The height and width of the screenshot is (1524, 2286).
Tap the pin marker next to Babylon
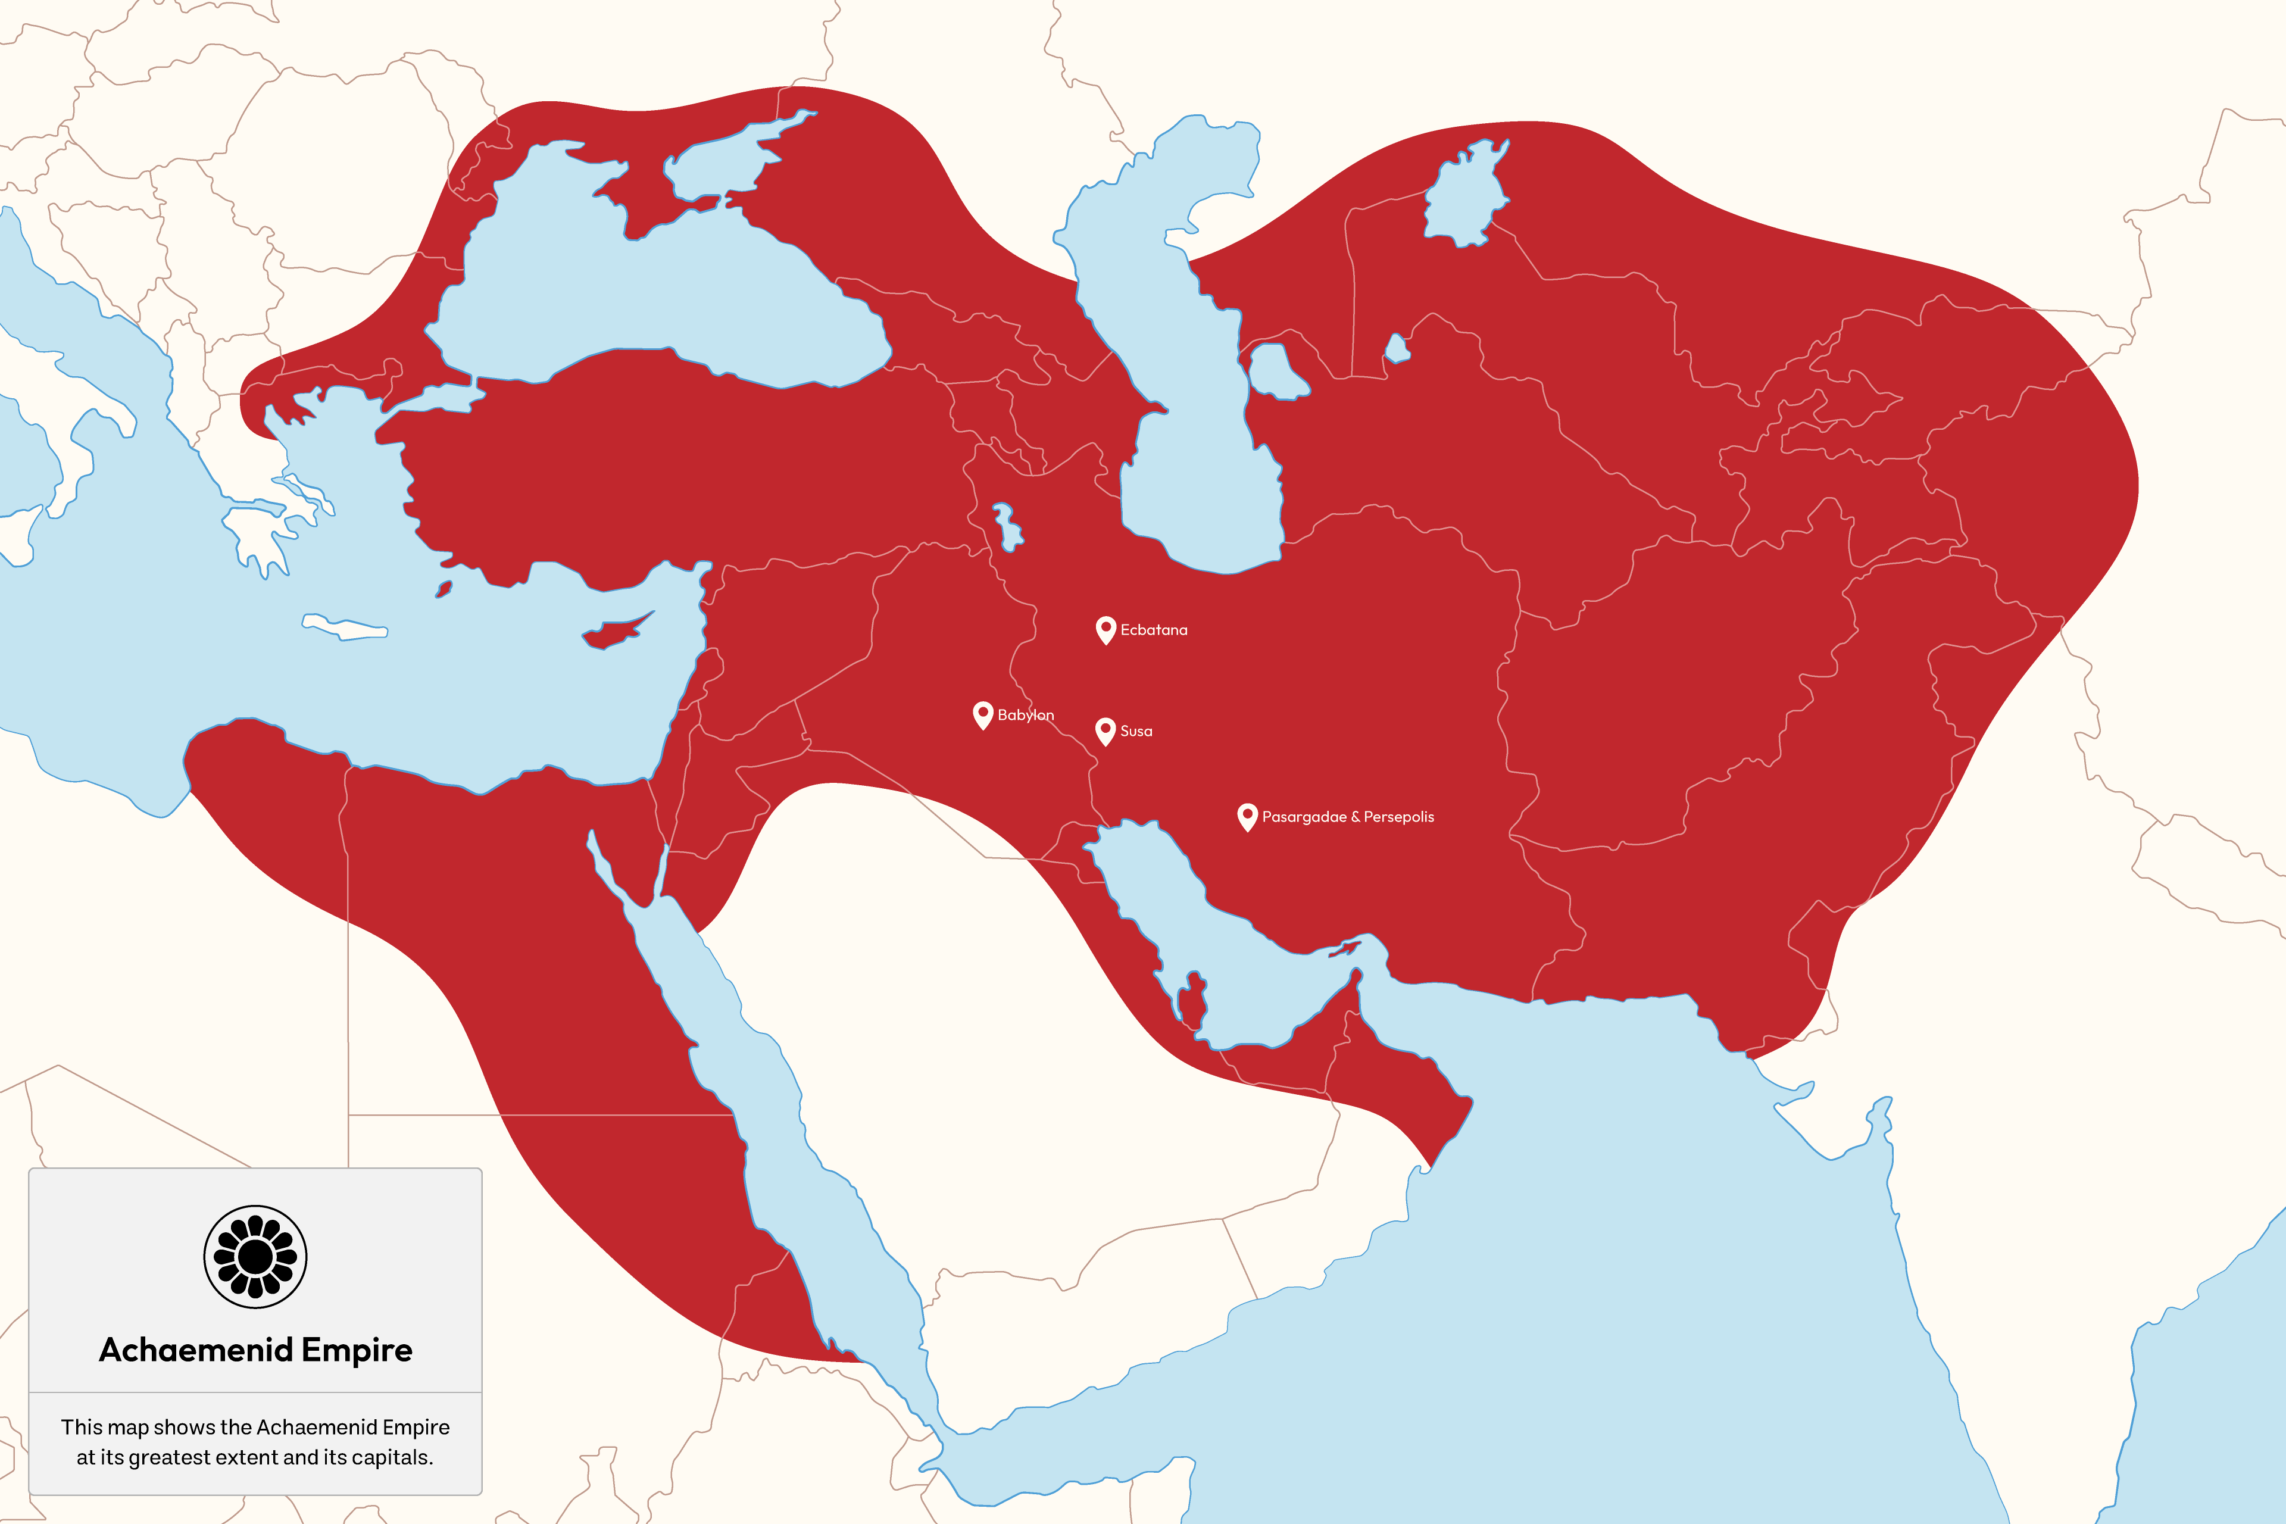tap(983, 713)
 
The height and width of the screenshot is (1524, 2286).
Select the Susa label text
tap(1136, 731)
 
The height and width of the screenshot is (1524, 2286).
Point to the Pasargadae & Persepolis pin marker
tap(1247, 816)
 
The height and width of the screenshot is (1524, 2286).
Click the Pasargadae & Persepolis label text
tap(1347, 816)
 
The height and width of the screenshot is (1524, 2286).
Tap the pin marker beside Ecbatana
tap(1105, 628)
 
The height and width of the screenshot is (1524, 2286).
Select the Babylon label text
tap(1025, 716)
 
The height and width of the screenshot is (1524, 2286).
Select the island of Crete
tap(345, 628)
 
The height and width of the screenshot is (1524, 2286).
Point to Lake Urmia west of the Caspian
tap(1006, 526)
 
